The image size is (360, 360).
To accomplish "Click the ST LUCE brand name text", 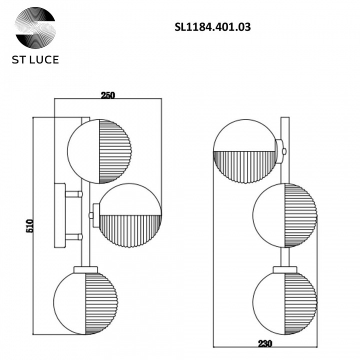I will tap(35, 59).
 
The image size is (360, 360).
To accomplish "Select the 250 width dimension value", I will tap(108, 96).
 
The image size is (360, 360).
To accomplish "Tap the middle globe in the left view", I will tap(130, 215).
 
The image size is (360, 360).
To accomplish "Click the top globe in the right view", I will tap(245, 151).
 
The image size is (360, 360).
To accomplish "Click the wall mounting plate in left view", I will tap(60, 215).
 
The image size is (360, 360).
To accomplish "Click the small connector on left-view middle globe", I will tap(92, 215).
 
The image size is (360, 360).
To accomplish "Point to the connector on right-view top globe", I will tap(282, 150).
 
